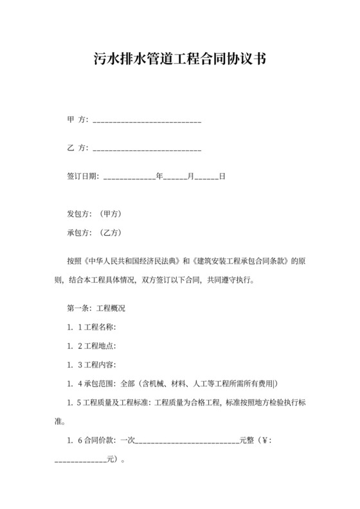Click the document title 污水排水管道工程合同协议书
point(180,60)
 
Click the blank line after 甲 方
point(147,120)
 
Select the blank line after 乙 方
point(147,148)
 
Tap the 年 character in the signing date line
point(159,175)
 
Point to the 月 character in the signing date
point(190,175)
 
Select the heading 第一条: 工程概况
point(96,308)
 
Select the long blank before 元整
point(187,442)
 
